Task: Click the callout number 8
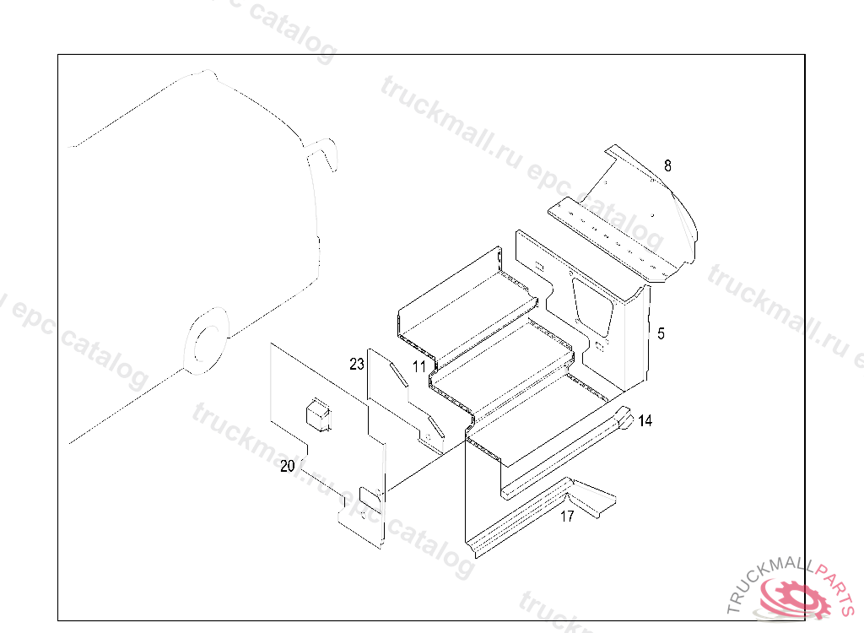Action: click(667, 165)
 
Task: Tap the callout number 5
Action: click(661, 334)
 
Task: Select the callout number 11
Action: click(419, 366)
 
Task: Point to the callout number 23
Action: click(357, 365)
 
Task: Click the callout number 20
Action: click(288, 466)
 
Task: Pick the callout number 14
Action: click(645, 420)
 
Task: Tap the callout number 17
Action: click(567, 517)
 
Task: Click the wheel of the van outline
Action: click(204, 341)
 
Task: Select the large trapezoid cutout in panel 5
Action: click(593, 304)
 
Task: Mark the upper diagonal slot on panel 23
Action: click(397, 375)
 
